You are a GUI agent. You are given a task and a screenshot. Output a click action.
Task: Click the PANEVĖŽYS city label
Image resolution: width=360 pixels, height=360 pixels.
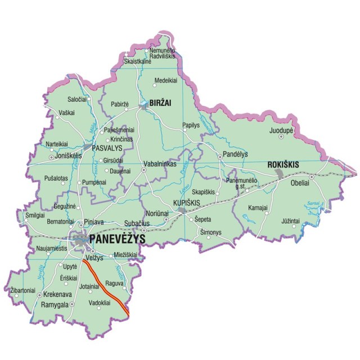(118, 240)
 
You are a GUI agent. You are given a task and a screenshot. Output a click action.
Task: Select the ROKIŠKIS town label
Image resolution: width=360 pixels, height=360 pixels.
(283, 164)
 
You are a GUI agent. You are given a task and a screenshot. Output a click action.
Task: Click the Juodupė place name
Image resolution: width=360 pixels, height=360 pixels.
(282, 130)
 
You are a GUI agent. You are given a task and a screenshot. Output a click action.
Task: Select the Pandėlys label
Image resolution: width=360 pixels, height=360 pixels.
(235, 152)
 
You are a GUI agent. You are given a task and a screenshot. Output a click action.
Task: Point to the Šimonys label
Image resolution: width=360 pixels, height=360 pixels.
(211, 232)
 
